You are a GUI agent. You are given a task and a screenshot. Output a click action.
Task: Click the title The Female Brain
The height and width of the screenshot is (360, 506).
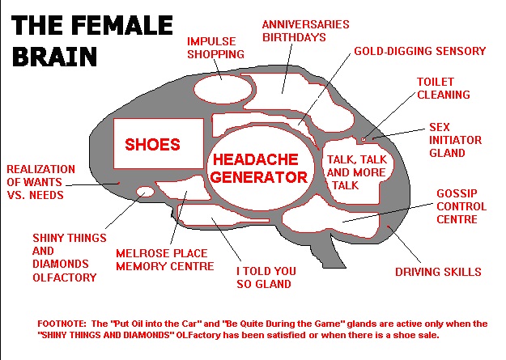click(92, 40)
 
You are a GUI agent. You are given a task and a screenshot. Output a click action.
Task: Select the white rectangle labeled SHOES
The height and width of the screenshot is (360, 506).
click(159, 143)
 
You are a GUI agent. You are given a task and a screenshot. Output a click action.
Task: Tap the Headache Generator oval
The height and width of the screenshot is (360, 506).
click(260, 167)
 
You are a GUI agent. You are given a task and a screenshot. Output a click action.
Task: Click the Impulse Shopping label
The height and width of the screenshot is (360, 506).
click(215, 48)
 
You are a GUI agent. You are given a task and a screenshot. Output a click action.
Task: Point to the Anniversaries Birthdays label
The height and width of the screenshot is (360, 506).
click(305, 31)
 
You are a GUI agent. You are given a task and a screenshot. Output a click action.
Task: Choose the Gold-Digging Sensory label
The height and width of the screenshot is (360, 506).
click(420, 51)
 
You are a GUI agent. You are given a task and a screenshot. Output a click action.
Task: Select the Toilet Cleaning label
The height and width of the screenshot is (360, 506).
click(444, 88)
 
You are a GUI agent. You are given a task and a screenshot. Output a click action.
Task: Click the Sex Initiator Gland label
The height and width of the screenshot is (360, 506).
click(455, 140)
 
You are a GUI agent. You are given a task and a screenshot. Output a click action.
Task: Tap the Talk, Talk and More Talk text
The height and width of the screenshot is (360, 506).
click(356, 172)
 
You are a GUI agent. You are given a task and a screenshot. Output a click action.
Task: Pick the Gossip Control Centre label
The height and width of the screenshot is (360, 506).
click(461, 206)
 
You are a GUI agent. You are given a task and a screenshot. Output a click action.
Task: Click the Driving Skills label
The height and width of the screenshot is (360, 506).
click(438, 272)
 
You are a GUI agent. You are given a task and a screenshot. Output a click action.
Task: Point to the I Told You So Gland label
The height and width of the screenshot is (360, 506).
click(266, 277)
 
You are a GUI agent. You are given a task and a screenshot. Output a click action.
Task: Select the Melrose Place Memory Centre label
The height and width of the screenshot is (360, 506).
click(165, 260)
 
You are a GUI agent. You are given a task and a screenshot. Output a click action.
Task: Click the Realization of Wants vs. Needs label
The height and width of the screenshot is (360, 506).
click(40, 182)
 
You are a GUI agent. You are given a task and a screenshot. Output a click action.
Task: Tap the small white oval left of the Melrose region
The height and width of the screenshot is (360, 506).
click(145, 192)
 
